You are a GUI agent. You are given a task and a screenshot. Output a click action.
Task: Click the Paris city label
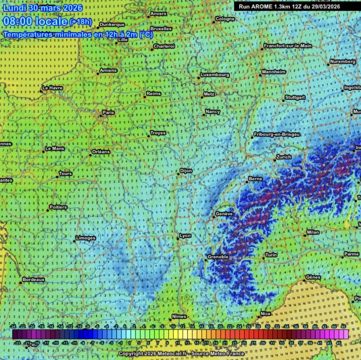point(108,113)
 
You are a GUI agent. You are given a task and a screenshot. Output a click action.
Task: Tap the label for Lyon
point(185,236)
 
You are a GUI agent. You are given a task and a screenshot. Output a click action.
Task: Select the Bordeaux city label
point(34,280)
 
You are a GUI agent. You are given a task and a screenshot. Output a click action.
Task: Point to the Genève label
point(224,213)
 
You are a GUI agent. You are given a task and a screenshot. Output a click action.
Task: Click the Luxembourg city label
point(215,75)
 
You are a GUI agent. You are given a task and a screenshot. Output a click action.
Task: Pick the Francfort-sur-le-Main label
point(288,46)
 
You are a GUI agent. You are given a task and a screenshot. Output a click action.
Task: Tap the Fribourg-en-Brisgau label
point(277,134)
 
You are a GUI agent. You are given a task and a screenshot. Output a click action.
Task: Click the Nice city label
point(265,314)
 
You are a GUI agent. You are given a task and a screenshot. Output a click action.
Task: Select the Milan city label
point(313,232)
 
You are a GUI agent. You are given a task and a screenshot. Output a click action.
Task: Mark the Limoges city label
point(85,238)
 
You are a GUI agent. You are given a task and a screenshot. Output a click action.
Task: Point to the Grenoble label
point(218,257)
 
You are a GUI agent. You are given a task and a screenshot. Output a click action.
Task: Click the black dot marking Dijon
point(178,174)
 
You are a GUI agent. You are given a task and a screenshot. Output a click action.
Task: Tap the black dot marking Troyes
point(149,136)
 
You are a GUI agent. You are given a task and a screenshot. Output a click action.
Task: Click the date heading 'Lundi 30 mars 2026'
point(43,8)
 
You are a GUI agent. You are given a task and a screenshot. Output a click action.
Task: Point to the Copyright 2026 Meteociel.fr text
point(181,354)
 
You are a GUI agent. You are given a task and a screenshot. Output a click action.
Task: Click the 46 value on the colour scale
point(343,326)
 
